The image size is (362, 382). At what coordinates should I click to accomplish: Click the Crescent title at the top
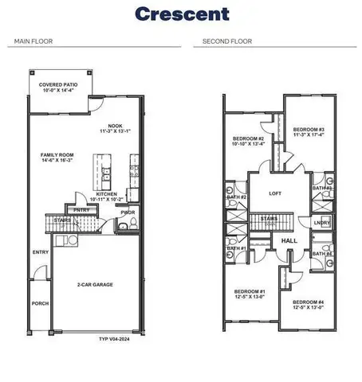pyautogui.click(x=181, y=14)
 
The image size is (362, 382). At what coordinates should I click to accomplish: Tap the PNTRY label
pyautogui.click(x=81, y=210)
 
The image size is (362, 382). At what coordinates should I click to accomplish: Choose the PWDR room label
pyautogui.click(x=128, y=212)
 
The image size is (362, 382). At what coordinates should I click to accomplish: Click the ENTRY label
pyautogui.click(x=40, y=252)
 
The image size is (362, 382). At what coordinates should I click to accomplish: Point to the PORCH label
pyautogui.click(x=40, y=302)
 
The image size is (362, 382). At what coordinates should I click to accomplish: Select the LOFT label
pyautogui.click(x=275, y=193)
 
